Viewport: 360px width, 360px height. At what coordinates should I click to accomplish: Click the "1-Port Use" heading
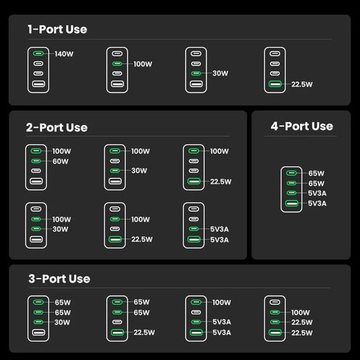click(58, 30)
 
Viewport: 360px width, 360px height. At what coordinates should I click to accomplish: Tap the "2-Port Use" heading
click(57, 127)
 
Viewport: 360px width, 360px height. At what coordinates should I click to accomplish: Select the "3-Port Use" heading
click(59, 279)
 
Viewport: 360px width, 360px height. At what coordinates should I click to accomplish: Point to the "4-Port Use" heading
click(302, 126)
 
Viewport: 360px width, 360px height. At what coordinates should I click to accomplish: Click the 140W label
click(64, 54)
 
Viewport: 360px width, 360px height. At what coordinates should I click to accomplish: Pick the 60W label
click(60, 161)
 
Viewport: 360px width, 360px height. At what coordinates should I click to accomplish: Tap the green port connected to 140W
click(38, 53)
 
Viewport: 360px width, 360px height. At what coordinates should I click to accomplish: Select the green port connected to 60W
click(36, 161)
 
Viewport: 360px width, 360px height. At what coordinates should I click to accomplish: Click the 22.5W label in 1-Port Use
click(302, 84)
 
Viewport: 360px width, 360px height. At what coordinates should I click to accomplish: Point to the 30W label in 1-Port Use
click(220, 73)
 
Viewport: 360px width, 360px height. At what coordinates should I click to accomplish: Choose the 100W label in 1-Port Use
click(143, 64)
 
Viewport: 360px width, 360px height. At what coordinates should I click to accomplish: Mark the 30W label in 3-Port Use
click(62, 322)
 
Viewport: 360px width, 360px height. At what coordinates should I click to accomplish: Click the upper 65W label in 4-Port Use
click(316, 174)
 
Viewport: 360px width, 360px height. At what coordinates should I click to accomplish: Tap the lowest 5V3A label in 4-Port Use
click(318, 204)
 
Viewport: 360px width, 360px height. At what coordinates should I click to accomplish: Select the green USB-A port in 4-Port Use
click(292, 203)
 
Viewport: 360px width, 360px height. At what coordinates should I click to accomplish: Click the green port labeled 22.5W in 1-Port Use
click(275, 84)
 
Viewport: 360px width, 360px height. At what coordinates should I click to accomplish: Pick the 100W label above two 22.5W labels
click(300, 312)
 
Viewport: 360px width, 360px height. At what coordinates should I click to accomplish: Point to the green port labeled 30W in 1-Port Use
click(196, 73)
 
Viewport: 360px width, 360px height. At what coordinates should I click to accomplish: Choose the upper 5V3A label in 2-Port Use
click(220, 229)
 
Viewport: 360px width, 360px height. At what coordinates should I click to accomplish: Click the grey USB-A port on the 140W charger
click(38, 84)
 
